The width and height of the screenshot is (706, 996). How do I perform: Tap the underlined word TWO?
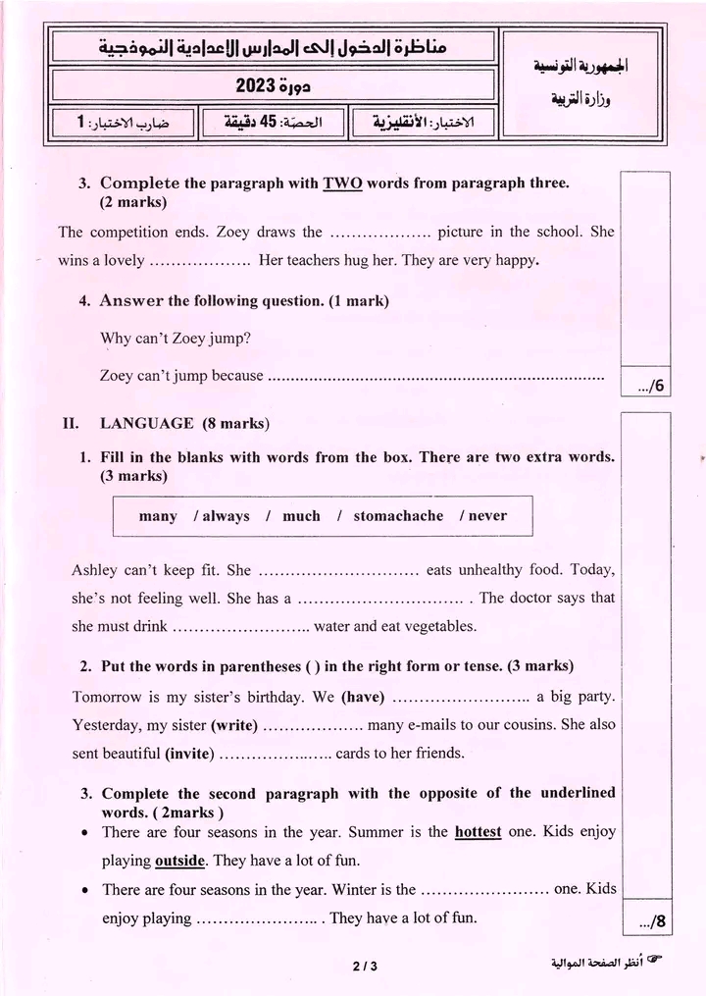tap(342, 183)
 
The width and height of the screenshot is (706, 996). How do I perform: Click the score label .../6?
tap(651, 386)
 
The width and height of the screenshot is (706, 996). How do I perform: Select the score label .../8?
tap(651, 921)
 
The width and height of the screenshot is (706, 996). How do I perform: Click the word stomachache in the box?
tap(398, 516)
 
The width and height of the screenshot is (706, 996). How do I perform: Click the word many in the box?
tap(158, 516)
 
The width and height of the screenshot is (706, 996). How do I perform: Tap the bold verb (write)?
tap(234, 726)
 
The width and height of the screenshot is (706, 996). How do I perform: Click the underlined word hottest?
tap(478, 832)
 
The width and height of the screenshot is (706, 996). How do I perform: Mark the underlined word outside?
tap(179, 862)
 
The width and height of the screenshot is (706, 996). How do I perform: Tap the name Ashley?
tap(94, 570)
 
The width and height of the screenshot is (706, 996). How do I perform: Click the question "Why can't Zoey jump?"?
tap(176, 339)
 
